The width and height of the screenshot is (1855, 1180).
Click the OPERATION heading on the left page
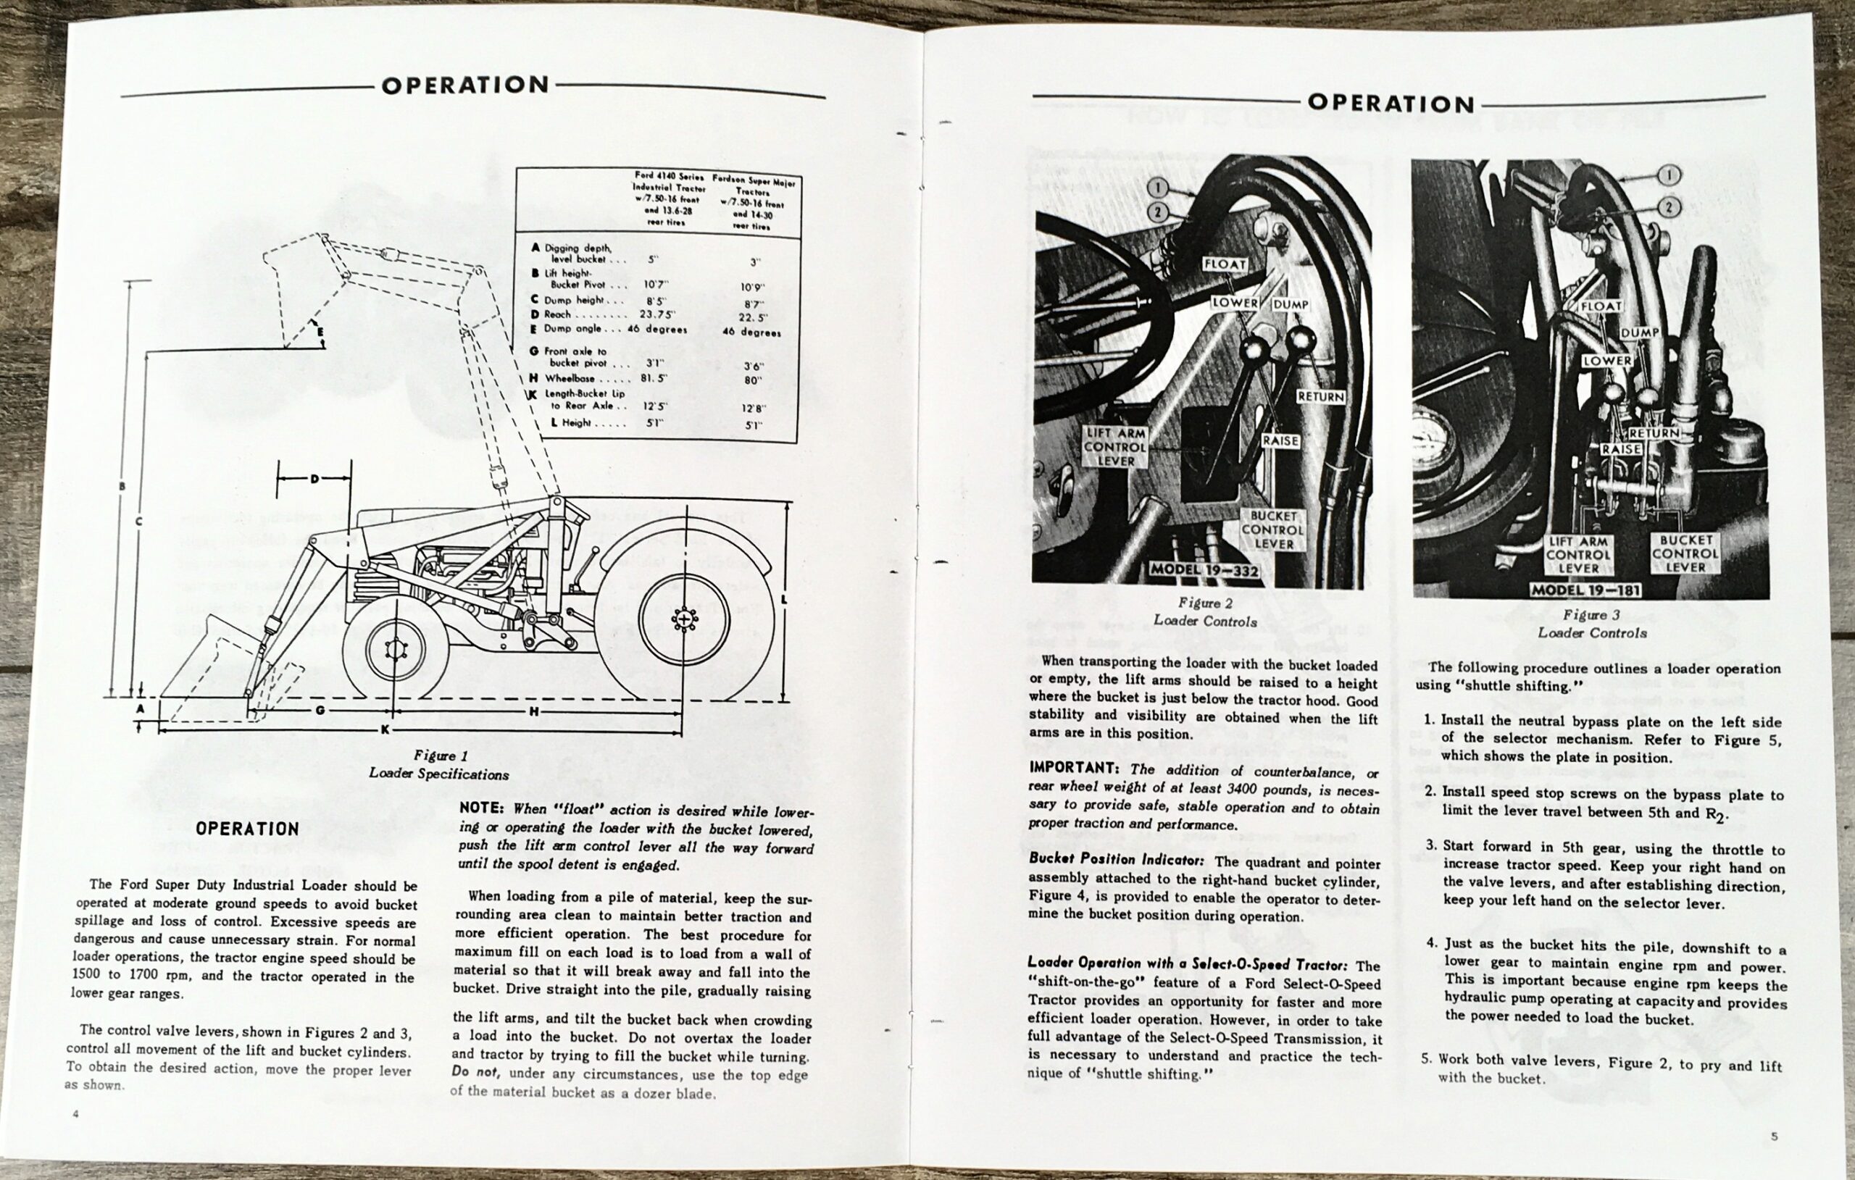pos(465,84)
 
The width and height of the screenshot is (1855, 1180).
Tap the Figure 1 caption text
pos(439,765)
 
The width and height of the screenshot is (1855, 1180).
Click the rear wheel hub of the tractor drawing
pos(683,619)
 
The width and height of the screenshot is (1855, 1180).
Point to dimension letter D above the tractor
pos(314,479)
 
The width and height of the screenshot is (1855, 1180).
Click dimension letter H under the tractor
pos(533,712)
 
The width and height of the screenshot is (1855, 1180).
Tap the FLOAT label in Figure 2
pos(1225,264)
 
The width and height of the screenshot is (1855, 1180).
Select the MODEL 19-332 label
pos(1204,570)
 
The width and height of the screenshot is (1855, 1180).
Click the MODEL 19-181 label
pos(1585,590)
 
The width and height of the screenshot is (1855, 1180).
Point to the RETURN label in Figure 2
pos(1321,397)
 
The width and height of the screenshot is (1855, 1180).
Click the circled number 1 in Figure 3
pos(1669,175)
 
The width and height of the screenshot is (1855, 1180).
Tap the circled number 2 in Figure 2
pos(1159,212)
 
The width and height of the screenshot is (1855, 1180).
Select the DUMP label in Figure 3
pos(1639,332)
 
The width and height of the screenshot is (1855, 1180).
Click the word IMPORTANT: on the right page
pos(1073,768)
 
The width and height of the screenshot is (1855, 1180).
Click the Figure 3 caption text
pos(1591,623)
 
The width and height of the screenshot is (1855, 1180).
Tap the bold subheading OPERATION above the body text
pos(247,829)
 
